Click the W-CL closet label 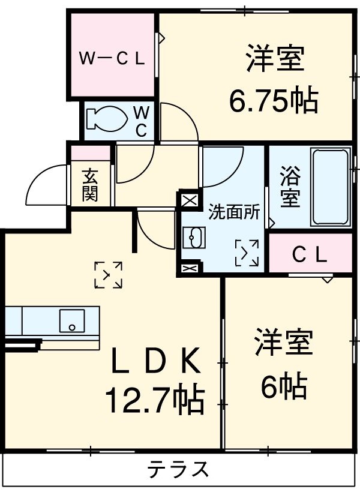point(113,59)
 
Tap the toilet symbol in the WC point(106,118)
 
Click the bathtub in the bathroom point(331,185)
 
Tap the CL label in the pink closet point(310,256)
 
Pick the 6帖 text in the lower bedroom point(284,386)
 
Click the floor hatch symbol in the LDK point(109,275)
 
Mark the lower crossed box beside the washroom point(188,269)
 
